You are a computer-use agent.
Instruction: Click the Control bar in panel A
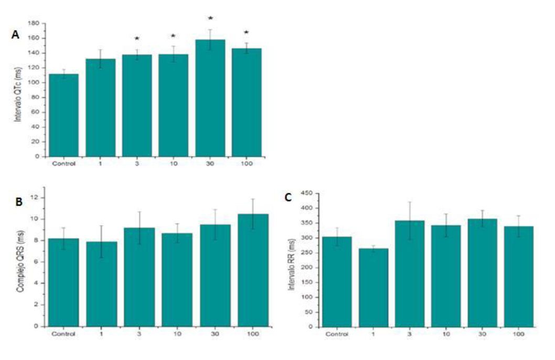coord(63,115)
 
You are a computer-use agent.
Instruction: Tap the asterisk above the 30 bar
coord(210,18)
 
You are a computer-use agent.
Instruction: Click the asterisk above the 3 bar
coord(137,39)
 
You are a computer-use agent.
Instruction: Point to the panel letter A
coord(15,35)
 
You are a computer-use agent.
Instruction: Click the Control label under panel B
coord(63,333)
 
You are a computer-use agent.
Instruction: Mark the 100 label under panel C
coord(518,334)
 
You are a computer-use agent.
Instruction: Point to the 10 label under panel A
coord(174,163)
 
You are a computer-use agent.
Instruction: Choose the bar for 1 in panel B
coord(102,283)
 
